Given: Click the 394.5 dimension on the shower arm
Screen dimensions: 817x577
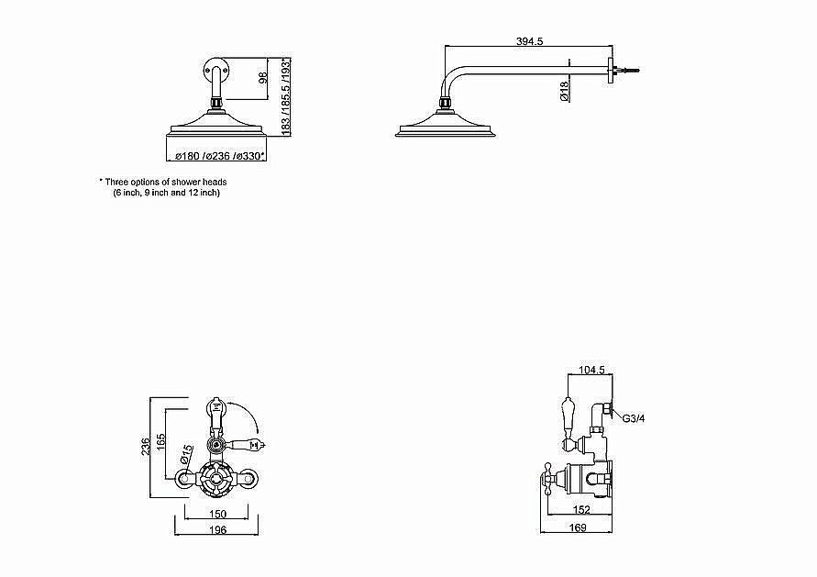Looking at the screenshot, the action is coord(529,41).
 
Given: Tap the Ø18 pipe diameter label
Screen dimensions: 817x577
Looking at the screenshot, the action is coord(564,91).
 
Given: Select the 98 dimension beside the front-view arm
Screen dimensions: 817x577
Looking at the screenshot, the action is coord(263,78).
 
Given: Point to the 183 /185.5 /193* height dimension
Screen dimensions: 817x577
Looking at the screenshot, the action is coord(285,97).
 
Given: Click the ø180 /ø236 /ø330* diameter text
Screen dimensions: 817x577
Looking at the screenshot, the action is coord(220,156).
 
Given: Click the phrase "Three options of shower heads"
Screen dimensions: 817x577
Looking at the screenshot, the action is coord(166,182).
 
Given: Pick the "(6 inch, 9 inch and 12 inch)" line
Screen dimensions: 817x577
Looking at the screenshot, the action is coord(167,193).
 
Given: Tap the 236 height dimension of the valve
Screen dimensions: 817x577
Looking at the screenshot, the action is coord(146,446).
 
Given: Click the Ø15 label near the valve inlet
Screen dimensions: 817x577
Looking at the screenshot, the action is coord(186,453).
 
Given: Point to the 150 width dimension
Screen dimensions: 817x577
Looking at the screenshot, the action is coord(217,514).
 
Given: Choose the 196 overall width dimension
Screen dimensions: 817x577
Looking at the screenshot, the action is coord(217,529).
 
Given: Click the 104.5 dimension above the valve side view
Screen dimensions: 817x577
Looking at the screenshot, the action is coord(592,370).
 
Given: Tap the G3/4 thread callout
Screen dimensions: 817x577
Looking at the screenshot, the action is coord(634,418).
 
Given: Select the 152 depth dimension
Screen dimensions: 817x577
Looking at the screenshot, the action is coord(581,510).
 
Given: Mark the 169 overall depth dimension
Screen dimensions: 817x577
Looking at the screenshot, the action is coord(578,527).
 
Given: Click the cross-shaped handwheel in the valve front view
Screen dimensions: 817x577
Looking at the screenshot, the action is coord(215,477).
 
